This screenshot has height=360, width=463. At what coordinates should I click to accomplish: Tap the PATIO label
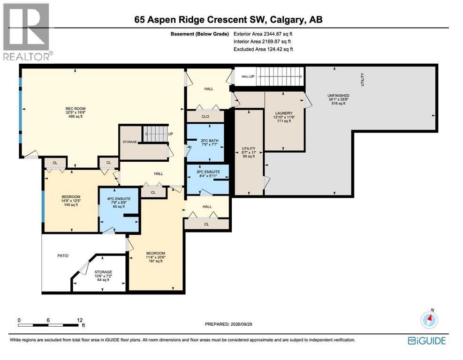tap(63, 255)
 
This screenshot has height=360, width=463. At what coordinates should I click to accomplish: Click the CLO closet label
tap(205, 117)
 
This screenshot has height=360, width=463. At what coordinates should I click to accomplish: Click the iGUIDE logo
tap(427, 341)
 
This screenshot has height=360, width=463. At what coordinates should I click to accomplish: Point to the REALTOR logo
tap(28, 31)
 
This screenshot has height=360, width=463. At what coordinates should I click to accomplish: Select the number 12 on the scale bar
tap(80, 320)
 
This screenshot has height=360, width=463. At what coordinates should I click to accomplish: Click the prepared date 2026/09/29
tap(241, 324)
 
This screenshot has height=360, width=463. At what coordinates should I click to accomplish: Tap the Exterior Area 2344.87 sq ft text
tap(263, 34)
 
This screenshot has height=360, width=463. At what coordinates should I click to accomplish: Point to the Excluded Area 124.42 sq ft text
tap(263, 49)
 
